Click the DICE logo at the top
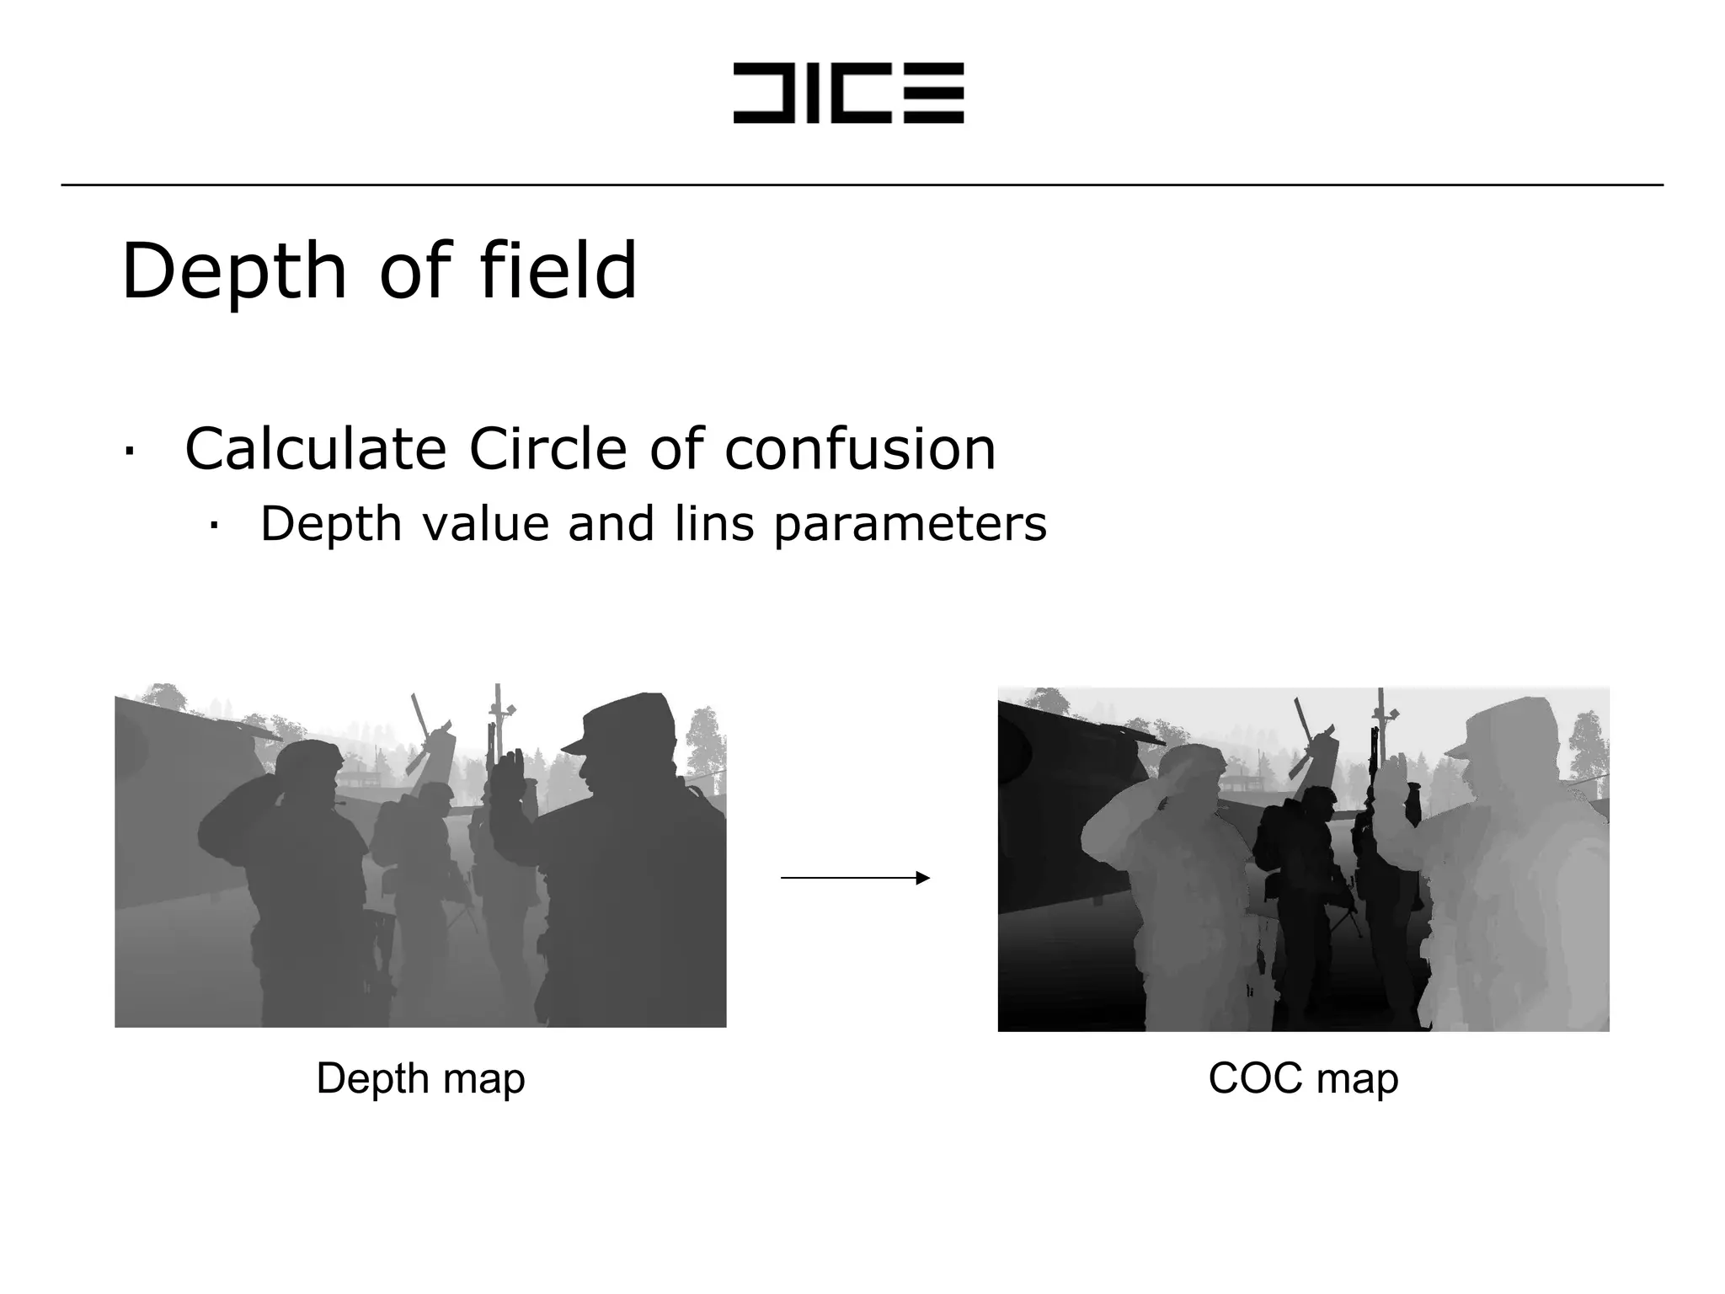pos(848,93)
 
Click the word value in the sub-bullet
pos(485,524)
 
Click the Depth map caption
pos(420,1078)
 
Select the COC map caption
pos(1303,1078)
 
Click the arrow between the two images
pos(855,878)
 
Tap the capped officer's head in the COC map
pos(1508,741)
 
